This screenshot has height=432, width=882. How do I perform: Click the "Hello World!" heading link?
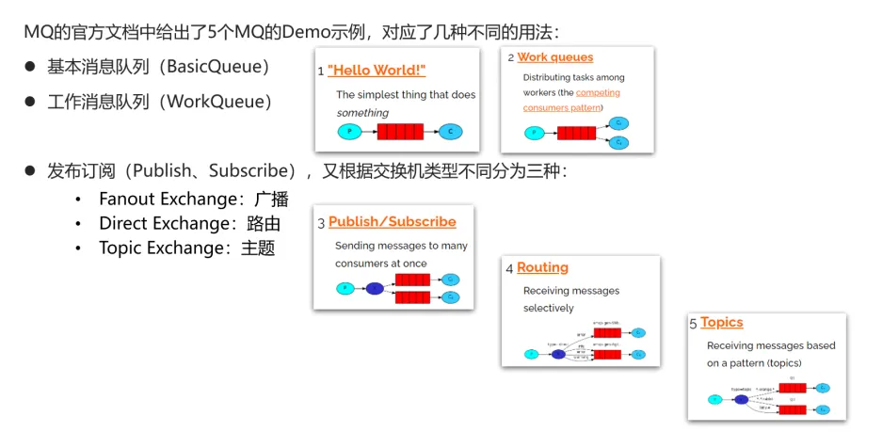(x=377, y=71)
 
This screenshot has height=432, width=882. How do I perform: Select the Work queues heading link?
(x=555, y=57)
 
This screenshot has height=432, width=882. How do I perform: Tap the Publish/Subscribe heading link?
(x=392, y=222)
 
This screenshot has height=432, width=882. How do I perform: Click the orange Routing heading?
(x=542, y=267)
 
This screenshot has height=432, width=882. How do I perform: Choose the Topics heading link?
(x=722, y=323)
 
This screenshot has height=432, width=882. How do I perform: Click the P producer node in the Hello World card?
(x=349, y=132)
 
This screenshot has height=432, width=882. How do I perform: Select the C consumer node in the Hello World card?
(x=451, y=132)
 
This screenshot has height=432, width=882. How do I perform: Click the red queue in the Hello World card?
(x=400, y=132)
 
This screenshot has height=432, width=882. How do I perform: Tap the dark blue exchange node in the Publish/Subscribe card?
(x=375, y=288)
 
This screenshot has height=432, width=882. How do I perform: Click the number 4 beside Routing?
(x=509, y=269)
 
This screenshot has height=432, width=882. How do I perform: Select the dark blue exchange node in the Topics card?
(x=742, y=399)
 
